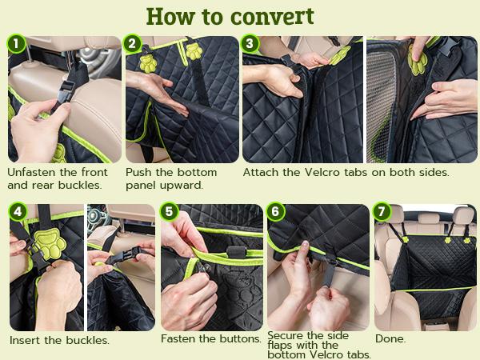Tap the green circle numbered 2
[133, 43]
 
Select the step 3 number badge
[251, 43]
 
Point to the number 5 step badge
[168, 212]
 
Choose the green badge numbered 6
[275, 212]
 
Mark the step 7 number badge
[382, 212]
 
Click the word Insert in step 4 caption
[26, 340]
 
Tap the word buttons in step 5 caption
[238, 339]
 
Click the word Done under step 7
[390, 339]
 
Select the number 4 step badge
[15, 212]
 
